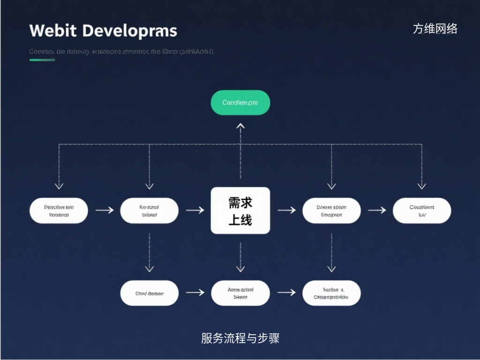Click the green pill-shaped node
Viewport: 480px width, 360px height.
(240, 102)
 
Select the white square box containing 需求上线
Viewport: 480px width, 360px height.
(240, 210)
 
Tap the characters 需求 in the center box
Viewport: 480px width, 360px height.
(240, 202)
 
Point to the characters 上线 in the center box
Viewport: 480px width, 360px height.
(240, 219)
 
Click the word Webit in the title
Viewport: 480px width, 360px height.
(52, 31)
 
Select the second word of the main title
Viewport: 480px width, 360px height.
(130, 31)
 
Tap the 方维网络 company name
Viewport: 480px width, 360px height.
(435, 29)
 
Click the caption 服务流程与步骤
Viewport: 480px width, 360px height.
(240, 338)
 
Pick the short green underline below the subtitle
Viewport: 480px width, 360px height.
(42, 60)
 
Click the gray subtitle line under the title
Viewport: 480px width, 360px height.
(122, 52)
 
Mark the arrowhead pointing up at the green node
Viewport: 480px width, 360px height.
(240, 126)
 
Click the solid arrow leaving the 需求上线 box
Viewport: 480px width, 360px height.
(286, 210)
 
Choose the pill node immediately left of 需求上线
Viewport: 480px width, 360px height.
(149, 210)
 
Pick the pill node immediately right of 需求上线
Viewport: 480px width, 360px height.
(331, 210)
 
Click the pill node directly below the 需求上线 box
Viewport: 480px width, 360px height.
(240, 293)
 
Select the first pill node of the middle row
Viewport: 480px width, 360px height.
(59, 210)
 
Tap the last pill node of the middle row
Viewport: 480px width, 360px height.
(422, 210)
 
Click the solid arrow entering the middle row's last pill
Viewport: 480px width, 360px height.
(377, 210)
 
